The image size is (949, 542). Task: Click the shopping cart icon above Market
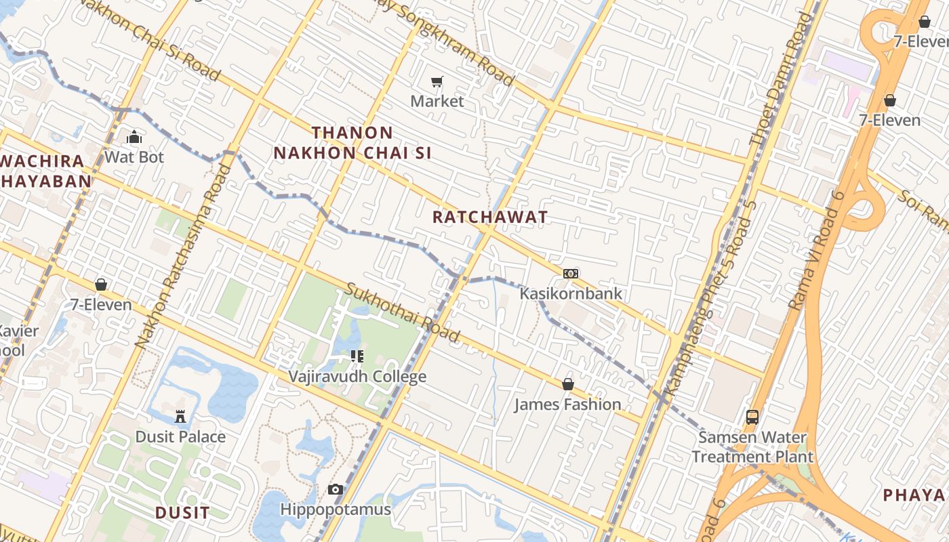coord(437,82)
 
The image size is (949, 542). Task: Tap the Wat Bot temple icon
coord(134,137)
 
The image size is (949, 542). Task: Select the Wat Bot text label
coord(134,157)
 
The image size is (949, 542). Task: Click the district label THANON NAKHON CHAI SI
coord(352,142)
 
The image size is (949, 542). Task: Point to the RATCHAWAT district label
coord(490,217)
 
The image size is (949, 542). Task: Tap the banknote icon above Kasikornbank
coord(571,274)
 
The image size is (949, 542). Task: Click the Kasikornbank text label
coord(571,294)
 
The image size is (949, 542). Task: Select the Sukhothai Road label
coord(403,312)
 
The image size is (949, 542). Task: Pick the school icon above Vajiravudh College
coord(357,356)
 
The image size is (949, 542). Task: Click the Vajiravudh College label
coord(357,377)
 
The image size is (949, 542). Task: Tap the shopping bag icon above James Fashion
coord(568,384)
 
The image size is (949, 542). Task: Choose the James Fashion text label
coord(567,404)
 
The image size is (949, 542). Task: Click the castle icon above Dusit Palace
coord(180,416)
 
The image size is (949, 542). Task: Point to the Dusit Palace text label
coord(180,436)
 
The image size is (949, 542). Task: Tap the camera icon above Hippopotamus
coord(336,489)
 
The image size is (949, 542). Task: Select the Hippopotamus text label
coord(336,509)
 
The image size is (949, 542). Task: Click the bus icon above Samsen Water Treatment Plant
coord(752,417)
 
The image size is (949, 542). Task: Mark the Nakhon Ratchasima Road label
coord(183,256)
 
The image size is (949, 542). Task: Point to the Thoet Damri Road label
coord(780,78)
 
